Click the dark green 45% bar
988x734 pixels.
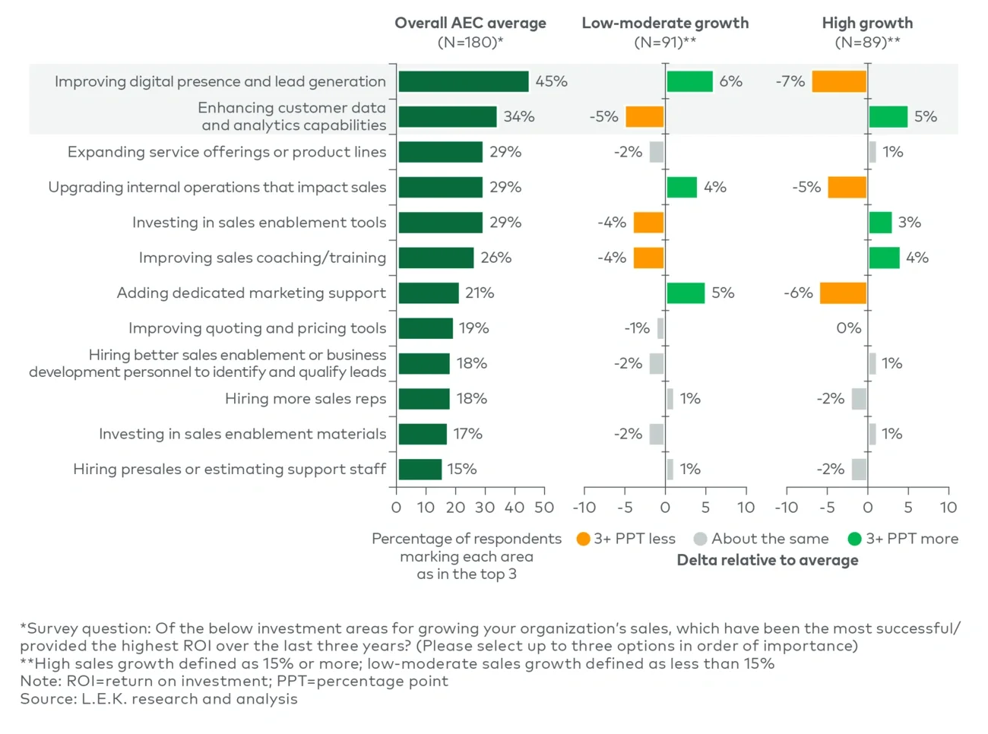[463, 81]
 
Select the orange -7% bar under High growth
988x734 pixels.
[839, 81]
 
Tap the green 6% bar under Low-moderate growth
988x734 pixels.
[689, 81]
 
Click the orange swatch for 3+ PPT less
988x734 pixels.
[583, 539]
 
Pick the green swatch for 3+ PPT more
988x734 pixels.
[854, 539]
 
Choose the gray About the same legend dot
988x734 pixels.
[700, 539]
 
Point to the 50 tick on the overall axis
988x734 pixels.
[544, 508]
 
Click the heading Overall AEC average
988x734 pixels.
[470, 23]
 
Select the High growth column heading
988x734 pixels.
[867, 23]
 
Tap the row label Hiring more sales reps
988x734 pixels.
[306, 399]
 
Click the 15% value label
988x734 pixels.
[461, 470]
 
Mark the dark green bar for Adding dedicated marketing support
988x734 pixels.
[429, 293]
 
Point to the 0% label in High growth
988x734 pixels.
[848, 328]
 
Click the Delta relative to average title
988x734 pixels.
[767, 561]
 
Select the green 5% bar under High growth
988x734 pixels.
[888, 117]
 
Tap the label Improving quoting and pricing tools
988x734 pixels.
[257, 328]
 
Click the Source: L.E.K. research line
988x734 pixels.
[159, 699]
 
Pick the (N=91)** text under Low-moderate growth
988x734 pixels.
[665, 43]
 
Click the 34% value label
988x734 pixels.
[519, 117]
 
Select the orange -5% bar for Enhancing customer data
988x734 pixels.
[644, 117]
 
